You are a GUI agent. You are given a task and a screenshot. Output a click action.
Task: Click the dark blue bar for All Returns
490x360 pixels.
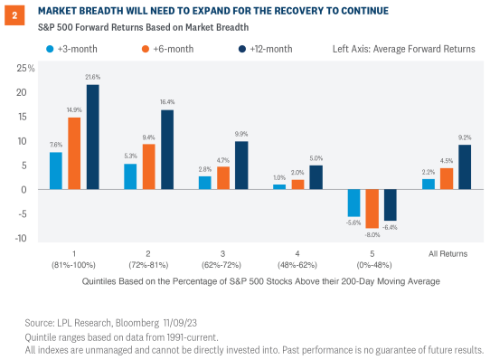point(465,167)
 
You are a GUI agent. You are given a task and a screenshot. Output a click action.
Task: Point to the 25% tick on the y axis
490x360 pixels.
point(25,68)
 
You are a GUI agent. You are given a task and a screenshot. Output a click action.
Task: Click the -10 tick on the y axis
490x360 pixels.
point(27,239)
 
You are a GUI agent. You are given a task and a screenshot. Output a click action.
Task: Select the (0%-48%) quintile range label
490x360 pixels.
point(372,265)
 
